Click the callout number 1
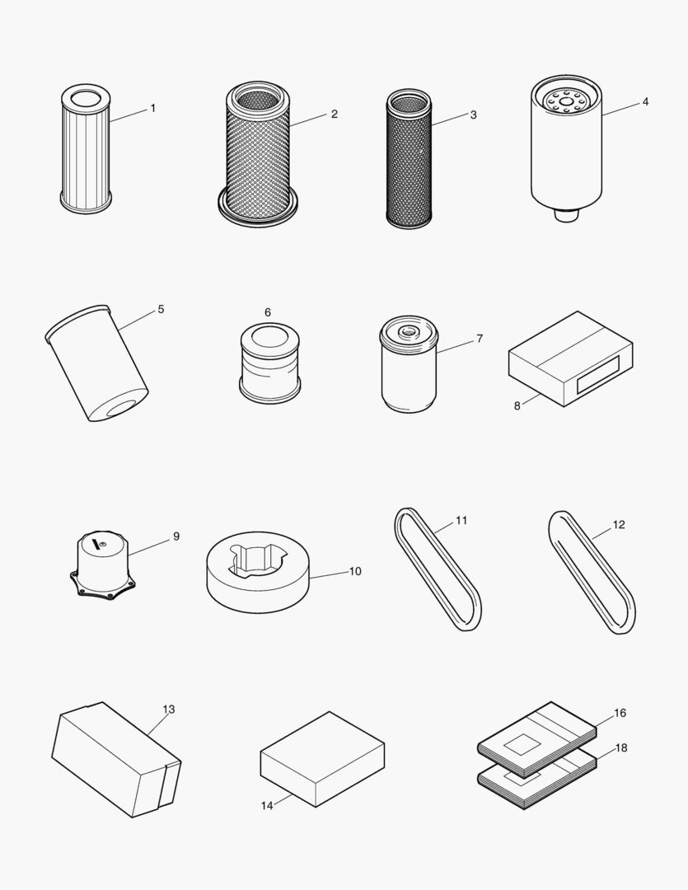152,108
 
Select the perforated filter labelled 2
257,157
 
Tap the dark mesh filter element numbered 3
409,161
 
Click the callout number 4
645,101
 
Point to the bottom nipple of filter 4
564,215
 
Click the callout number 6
268,312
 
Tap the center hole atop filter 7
409,331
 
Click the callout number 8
517,405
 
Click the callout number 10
355,571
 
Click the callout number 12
619,524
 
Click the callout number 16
620,713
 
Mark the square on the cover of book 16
522,745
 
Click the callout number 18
620,747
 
